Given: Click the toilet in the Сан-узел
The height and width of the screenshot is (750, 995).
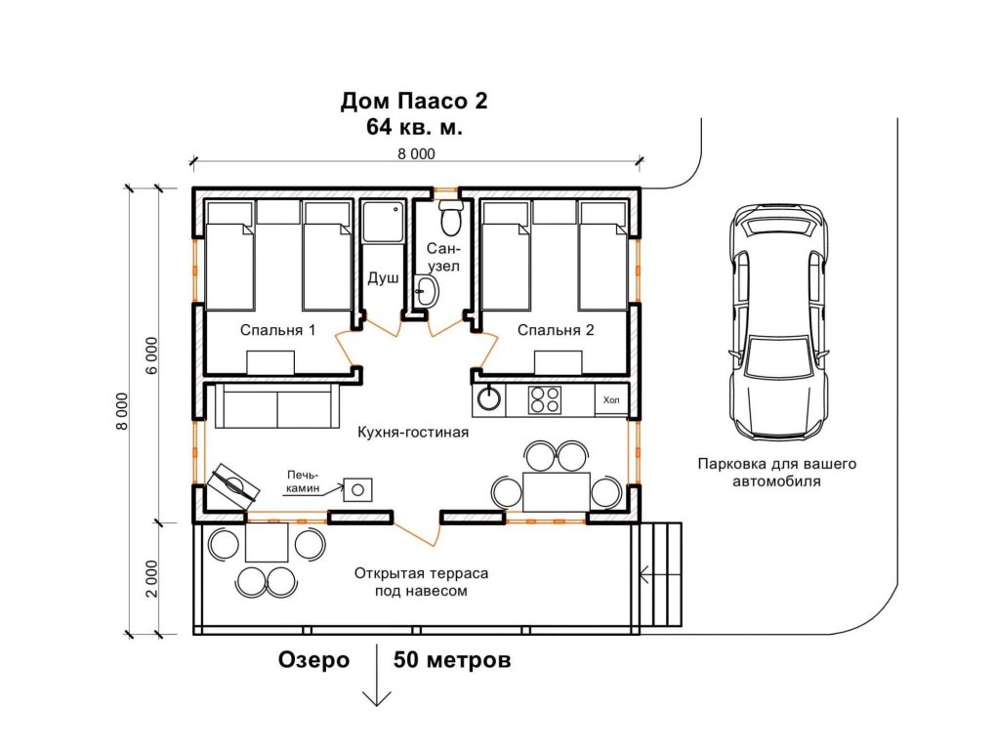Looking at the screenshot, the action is [451, 218].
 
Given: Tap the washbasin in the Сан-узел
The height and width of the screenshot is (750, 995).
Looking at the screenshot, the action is [427, 291].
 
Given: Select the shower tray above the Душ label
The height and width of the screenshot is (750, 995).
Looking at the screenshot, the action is [382, 221].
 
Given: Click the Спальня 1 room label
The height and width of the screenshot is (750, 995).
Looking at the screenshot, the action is [277, 330].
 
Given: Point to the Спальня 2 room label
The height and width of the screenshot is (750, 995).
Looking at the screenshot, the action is [556, 330].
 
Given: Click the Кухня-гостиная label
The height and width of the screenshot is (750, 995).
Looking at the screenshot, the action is [413, 432].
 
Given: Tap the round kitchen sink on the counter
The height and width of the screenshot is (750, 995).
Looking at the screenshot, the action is [489, 398].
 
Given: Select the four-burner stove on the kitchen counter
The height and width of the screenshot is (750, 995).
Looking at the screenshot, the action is [545, 399].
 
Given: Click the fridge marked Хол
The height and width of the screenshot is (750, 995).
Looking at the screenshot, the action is [611, 400].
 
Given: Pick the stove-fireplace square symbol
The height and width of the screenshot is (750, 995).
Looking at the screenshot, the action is [358, 490].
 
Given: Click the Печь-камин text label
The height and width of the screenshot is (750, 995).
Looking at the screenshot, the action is [303, 481].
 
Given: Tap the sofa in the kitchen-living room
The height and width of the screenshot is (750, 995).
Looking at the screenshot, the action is [274, 405].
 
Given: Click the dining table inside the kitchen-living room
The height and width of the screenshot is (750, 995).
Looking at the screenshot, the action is [556, 492].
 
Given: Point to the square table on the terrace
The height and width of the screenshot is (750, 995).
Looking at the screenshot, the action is [267, 542].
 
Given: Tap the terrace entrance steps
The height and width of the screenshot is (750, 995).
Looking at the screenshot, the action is [660, 575].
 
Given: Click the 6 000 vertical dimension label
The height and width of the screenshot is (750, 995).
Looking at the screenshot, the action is [152, 355].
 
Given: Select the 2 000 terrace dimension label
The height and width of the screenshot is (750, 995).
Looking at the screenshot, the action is [152, 578].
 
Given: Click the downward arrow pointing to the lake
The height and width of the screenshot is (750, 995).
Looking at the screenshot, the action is [377, 676].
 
